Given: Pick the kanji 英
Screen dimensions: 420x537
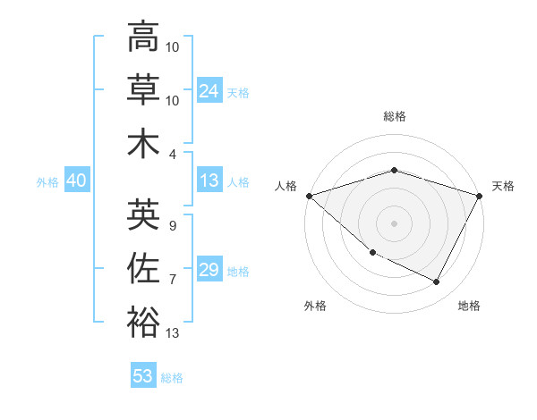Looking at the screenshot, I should pyautogui.click(x=143, y=214).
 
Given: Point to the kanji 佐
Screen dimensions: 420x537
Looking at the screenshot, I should pyautogui.click(x=143, y=268).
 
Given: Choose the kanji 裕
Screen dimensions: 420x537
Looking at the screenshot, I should pyautogui.click(x=143, y=322).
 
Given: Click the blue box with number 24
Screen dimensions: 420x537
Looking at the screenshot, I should pyautogui.click(x=209, y=91).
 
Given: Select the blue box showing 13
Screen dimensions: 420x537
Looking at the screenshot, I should pyautogui.click(x=209, y=181).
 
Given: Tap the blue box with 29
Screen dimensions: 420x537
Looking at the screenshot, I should pyautogui.click(x=209, y=271).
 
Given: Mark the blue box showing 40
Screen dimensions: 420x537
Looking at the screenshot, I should pyautogui.click(x=76, y=181).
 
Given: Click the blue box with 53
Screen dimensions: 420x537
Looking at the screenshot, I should pyautogui.click(x=143, y=376).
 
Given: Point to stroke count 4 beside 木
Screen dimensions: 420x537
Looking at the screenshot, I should pyautogui.click(x=172, y=154).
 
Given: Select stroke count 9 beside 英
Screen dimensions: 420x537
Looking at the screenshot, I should pyautogui.click(x=172, y=226).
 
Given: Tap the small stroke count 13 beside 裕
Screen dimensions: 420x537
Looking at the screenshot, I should pyautogui.click(x=173, y=333).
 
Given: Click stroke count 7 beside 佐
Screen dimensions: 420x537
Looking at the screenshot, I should pyautogui.click(x=172, y=280).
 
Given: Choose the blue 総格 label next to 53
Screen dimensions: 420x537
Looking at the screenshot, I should pyautogui.click(x=173, y=378).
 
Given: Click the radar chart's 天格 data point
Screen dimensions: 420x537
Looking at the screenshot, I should pyautogui.click(x=480, y=196).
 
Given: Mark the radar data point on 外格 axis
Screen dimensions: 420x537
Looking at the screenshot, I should pyautogui.click(x=372, y=253).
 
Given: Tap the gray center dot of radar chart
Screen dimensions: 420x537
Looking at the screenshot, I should pyautogui.click(x=394, y=223).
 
